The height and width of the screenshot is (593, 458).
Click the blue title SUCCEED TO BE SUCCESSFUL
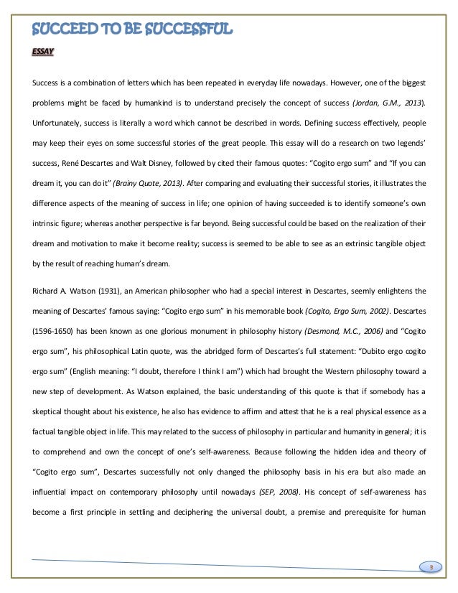click(x=133, y=29)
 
